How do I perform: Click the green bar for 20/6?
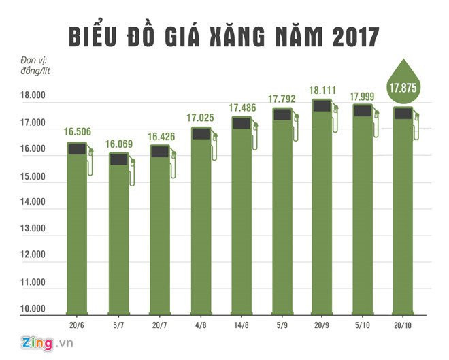(76, 231)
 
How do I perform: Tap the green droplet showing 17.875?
(404, 85)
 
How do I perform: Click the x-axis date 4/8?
(201, 325)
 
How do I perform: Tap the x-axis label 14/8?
(241, 325)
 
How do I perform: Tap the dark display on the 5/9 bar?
(282, 114)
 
